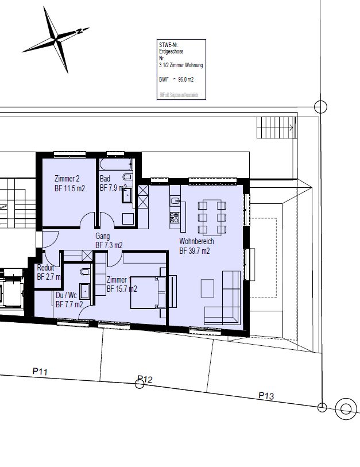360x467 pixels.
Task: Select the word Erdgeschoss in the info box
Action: (x=171, y=51)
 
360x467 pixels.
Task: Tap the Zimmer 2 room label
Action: (x=67, y=179)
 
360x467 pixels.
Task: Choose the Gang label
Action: (x=103, y=236)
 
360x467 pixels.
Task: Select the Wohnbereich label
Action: (x=196, y=241)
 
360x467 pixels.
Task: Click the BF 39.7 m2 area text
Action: (x=195, y=250)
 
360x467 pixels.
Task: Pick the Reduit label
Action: (x=46, y=268)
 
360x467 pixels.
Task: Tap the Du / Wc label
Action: (x=65, y=295)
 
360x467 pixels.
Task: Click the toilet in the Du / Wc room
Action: (x=84, y=272)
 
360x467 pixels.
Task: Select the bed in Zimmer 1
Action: (x=147, y=292)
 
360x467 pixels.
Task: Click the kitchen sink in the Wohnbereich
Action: (x=176, y=201)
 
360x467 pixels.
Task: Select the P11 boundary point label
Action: (x=40, y=372)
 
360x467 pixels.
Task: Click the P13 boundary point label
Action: (x=266, y=395)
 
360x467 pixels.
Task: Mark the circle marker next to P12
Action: (x=140, y=383)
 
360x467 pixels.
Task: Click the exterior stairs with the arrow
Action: (x=276, y=126)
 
